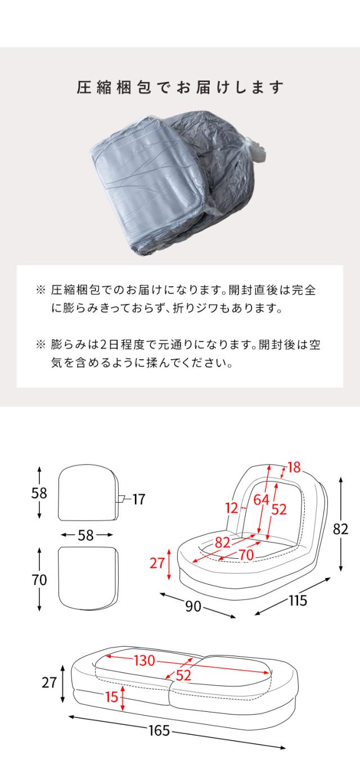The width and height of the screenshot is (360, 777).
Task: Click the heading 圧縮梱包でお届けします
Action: click(x=180, y=88)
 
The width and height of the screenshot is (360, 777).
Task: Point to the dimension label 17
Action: click(x=138, y=499)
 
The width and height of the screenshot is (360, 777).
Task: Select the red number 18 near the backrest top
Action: click(x=294, y=467)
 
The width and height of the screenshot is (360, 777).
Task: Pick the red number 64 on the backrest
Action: click(x=261, y=499)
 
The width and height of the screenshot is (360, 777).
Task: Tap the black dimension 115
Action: click(x=298, y=600)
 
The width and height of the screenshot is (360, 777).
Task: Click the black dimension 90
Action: click(x=193, y=606)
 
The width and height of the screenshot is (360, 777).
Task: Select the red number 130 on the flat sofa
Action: click(x=143, y=661)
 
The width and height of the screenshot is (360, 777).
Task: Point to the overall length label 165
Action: click(x=159, y=731)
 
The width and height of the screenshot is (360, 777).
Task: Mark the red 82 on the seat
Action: click(x=223, y=543)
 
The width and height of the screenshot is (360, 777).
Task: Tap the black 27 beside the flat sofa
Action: click(x=50, y=683)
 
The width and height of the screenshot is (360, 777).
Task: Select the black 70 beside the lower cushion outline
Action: click(x=39, y=580)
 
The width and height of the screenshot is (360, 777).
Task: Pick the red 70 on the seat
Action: click(x=246, y=555)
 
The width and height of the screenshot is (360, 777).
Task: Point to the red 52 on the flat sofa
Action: click(x=183, y=676)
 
